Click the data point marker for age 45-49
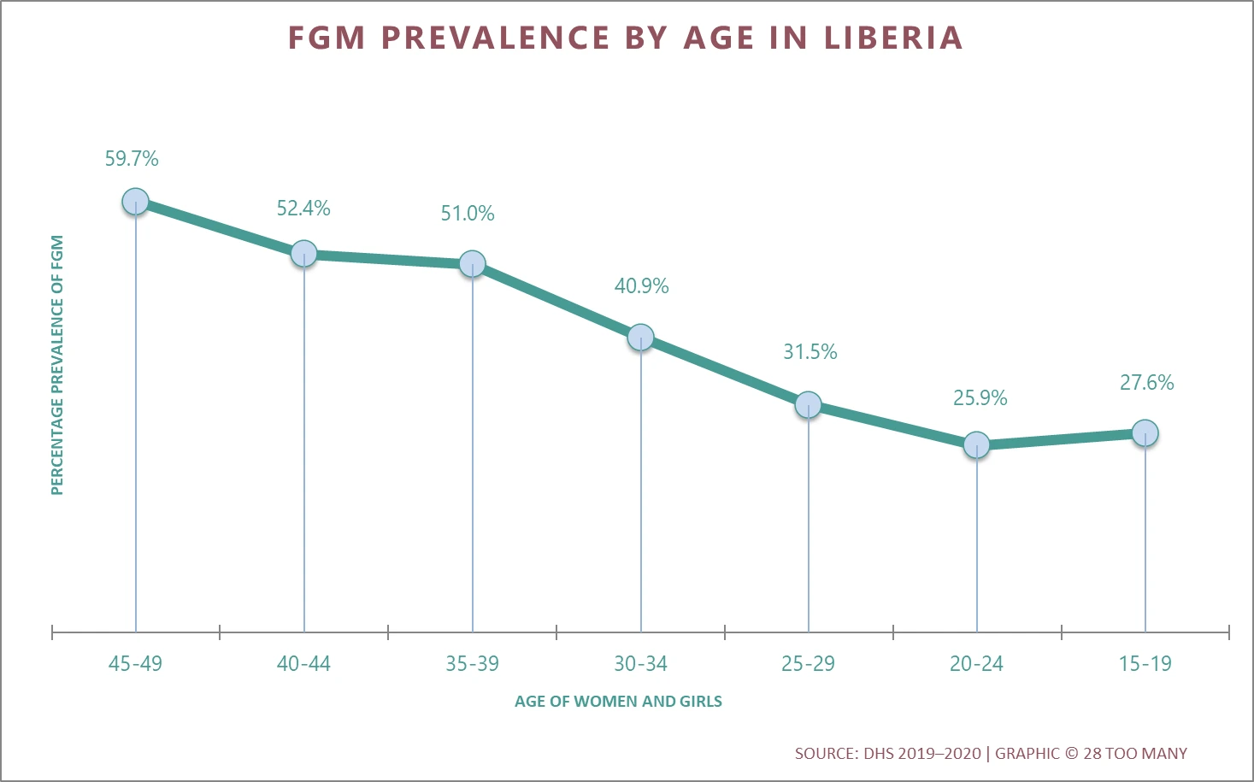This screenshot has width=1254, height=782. point(135,202)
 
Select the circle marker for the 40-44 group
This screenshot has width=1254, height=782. point(303,254)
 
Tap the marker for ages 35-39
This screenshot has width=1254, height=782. point(472,264)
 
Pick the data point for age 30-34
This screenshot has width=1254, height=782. point(640,338)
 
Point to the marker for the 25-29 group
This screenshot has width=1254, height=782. point(808,404)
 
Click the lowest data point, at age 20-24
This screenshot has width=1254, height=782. point(976,444)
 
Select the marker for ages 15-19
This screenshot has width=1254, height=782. point(1145,433)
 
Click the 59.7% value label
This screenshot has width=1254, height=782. point(132,159)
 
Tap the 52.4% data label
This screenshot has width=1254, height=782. point(303,209)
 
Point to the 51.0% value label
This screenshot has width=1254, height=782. point(468,214)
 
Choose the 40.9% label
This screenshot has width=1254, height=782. point(641,286)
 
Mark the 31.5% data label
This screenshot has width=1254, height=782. point(810,352)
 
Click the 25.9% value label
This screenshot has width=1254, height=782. point(980,398)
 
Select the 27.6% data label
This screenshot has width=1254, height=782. point(1146,383)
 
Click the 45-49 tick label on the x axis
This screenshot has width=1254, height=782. point(135,664)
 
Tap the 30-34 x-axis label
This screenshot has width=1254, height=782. point(640,664)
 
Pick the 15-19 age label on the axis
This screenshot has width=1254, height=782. point(1145,664)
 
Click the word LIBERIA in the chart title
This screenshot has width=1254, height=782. point(893,38)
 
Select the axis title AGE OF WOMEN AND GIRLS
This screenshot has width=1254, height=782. point(618,702)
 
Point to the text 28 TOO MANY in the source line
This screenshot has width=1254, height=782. point(1135,754)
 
